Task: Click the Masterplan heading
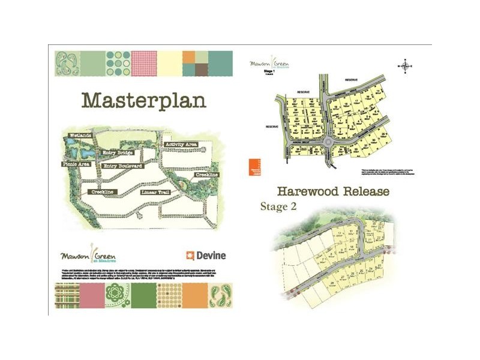[x=143, y=100]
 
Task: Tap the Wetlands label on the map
[x=79, y=136]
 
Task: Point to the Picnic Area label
[x=75, y=164]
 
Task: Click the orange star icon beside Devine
[x=191, y=255]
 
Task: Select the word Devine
[x=211, y=255]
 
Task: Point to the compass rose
[x=407, y=66]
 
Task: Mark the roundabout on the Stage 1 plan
[x=328, y=142]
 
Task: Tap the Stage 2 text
[x=279, y=206]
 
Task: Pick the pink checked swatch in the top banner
[x=143, y=63]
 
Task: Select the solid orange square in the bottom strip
[x=194, y=295]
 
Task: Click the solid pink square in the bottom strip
[x=91, y=295]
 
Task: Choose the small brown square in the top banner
[x=202, y=57]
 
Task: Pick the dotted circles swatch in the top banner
[x=117, y=63]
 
